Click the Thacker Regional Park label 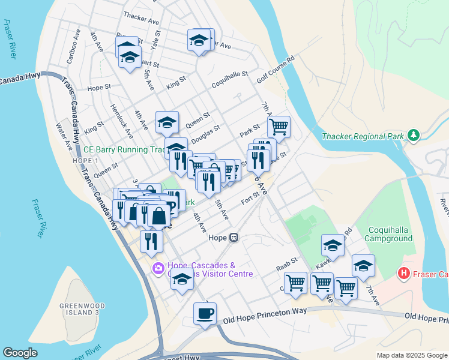363,136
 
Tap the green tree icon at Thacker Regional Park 413,136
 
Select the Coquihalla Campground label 382,233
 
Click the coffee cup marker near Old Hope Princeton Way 205,313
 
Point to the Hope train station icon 234,238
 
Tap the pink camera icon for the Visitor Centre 158,268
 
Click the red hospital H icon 404,274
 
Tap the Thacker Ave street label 140,18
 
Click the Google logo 20,353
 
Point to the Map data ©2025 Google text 411,355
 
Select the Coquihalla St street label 229,80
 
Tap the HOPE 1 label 85,161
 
